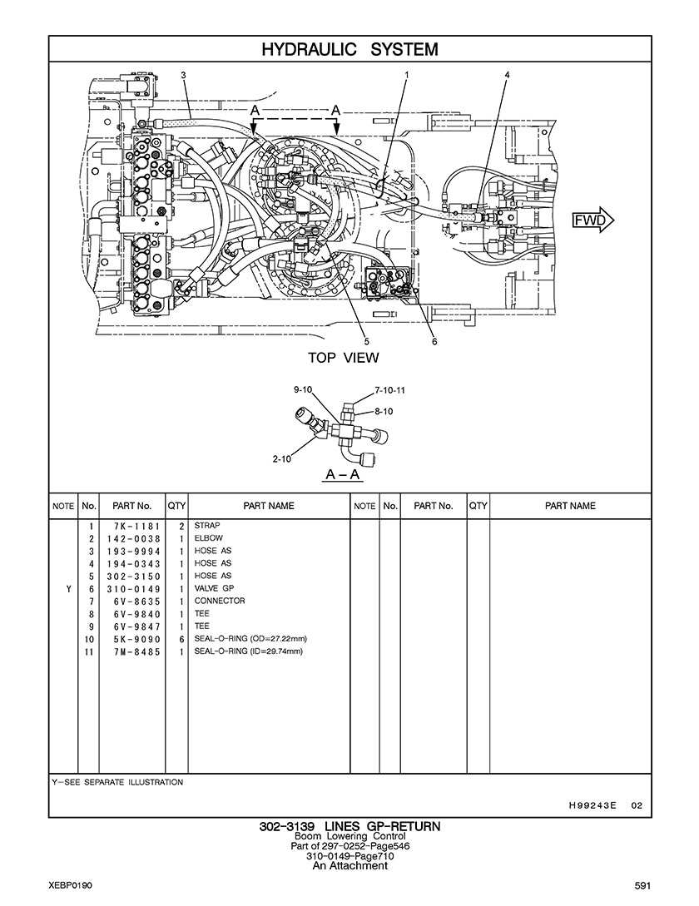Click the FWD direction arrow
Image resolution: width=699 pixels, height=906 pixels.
pyautogui.click(x=592, y=220)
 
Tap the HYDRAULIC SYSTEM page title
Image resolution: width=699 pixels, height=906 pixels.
pyautogui.click(x=350, y=50)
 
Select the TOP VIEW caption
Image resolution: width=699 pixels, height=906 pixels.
pyautogui.click(x=344, y=358)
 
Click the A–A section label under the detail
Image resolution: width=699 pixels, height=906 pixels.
pyautogui.click(x=343, y=475)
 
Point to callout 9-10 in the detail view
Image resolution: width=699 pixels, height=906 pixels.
pyautogui.click(x=303, y=390)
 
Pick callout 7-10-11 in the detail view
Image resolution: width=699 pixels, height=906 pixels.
pyautogui.click(x=389, y=390)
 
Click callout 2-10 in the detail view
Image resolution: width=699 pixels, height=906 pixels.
pyautogui.click(x=282, y=459)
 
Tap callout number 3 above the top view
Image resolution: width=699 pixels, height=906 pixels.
pyautogui.click(x=183, y=75)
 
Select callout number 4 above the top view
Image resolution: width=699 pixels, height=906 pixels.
pyautogui.click(x=507, y=75)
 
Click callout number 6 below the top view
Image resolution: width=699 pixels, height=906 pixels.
pyautogui.click(x=434, y=341)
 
